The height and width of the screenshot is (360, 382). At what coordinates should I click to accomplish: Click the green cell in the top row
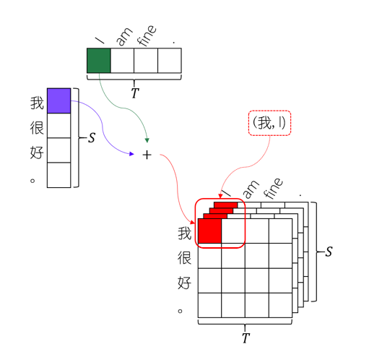click(x=99, y=61)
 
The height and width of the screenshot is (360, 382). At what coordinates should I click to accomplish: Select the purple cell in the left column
click(x=59, y=100)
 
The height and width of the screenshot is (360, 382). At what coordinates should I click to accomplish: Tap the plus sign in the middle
click(x=147, y=155)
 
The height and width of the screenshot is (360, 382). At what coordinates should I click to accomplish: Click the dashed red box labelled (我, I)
click(x=269, y=123)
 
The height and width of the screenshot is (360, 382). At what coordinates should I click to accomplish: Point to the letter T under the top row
click(x=135, y=93)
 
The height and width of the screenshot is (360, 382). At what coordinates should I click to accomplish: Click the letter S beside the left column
click(x=92, y=138)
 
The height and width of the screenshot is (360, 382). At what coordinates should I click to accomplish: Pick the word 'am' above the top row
click(x=124, y=37)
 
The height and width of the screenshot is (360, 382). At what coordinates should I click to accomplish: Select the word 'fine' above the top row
click(x=147, y=35)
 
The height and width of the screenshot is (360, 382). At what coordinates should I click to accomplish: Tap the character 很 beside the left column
click(x=37, y=127)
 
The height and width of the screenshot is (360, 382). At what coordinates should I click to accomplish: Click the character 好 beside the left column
click(x=37, y=153)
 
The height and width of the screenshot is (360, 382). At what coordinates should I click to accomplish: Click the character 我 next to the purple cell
click(x=37, y=103)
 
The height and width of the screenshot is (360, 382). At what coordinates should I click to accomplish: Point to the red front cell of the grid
click(x=209, y=231)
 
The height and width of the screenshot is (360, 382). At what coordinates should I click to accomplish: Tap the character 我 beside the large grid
click(x=184, y=233)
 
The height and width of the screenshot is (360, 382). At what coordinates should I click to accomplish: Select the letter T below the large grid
click(x=246, y=338)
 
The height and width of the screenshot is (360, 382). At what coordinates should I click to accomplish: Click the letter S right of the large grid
click(x=329, y=252)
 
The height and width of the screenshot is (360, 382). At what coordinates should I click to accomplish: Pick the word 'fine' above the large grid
click(x=274, y=188)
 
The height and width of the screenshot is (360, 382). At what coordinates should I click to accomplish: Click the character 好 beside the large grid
click(x=184, y=283)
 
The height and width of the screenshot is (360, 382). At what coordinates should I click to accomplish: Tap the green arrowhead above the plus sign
click(x=147, y=140)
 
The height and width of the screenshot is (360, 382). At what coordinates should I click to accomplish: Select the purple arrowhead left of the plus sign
click(x=131, y=154)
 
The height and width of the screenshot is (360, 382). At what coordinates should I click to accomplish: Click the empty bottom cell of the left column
click(x=59, y=175)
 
